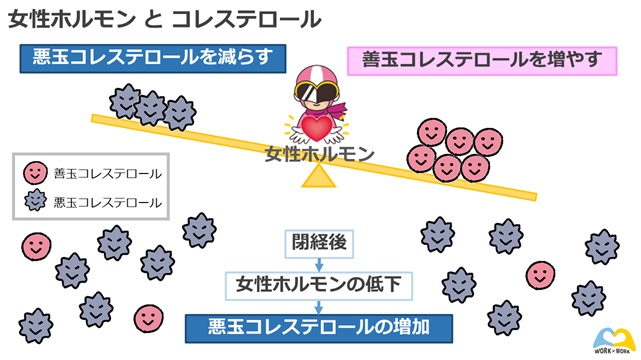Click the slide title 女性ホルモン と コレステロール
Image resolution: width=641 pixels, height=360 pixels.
166,19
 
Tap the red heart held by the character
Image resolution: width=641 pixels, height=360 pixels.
318,129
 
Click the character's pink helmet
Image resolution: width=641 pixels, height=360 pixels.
318,79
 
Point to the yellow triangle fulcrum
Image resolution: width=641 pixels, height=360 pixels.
318,177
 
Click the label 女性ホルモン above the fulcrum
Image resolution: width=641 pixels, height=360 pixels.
319,155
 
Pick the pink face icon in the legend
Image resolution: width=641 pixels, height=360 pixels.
34,173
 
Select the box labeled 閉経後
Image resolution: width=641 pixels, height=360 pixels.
317,242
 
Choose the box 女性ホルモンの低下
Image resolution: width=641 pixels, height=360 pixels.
318,285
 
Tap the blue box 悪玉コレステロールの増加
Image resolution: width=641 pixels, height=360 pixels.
318,326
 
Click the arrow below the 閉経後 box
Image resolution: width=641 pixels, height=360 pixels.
318,263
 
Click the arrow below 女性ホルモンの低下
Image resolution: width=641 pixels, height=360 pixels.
318,306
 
